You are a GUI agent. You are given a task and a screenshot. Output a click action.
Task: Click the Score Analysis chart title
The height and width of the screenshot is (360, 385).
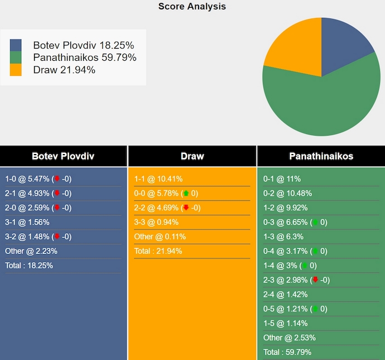[192, 7]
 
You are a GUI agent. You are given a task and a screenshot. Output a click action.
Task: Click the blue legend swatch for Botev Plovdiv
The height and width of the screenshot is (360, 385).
[16, 45]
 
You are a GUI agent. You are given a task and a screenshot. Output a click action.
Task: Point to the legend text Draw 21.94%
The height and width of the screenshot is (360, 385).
[64, 70]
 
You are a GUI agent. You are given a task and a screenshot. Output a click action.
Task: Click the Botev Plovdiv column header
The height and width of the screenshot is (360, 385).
[63, 156]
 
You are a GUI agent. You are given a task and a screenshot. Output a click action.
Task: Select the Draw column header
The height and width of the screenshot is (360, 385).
[192, 156]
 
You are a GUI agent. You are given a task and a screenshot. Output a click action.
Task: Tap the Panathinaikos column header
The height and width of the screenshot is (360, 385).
[321, 156]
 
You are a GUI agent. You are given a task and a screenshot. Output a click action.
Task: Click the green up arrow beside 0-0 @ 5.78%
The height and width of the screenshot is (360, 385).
[186, 194]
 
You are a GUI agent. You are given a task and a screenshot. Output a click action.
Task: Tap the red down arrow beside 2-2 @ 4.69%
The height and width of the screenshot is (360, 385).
[186, 208]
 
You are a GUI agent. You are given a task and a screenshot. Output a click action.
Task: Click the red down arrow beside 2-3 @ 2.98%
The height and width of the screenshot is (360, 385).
[315, 280]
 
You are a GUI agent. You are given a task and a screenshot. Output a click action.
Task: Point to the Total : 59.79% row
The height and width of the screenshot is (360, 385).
[287, 352]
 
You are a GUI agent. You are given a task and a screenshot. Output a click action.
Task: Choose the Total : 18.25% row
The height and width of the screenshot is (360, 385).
[29, 266]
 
